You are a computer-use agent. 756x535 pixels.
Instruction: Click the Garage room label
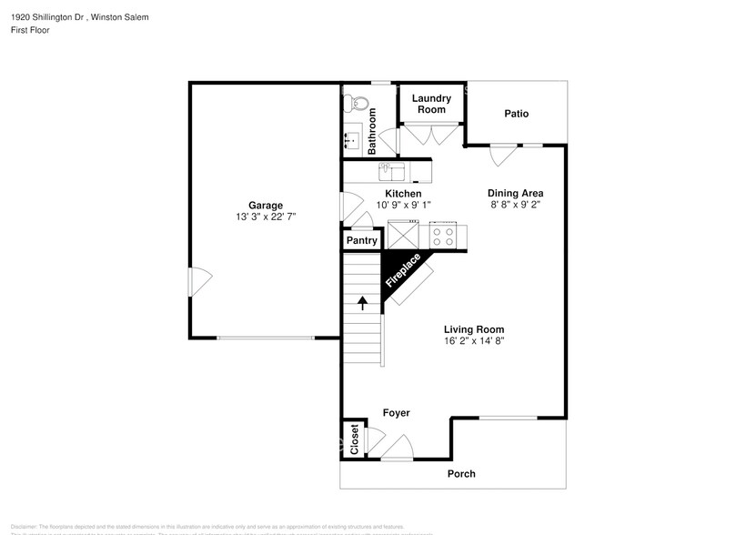click(266, 205)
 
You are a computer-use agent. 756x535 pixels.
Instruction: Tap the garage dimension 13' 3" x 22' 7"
click(266, 217)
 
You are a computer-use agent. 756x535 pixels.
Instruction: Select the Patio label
click(517, 114)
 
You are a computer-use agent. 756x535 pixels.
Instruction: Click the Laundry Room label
click(431, 104)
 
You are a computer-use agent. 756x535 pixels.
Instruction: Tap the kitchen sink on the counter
click(388, 169)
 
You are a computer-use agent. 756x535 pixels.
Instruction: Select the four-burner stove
click(443, 237)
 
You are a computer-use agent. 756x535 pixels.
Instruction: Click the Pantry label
click(361, 241)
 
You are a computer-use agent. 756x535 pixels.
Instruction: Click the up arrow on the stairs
click(362, 303)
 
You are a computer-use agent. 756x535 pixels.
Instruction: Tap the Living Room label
click(473, 329)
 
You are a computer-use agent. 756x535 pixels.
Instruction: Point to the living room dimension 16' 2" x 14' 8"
click(473, 341)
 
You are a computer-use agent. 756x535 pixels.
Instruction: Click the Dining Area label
click(515, 193)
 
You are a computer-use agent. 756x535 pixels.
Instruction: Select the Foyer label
click(396, 413)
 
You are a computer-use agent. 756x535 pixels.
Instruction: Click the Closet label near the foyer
click(354, 439)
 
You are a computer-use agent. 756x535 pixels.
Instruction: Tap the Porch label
click(461, 473)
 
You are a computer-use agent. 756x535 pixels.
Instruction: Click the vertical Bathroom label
click(372, 131)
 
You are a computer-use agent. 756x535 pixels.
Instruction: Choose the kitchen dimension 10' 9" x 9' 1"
click(402, 205)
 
